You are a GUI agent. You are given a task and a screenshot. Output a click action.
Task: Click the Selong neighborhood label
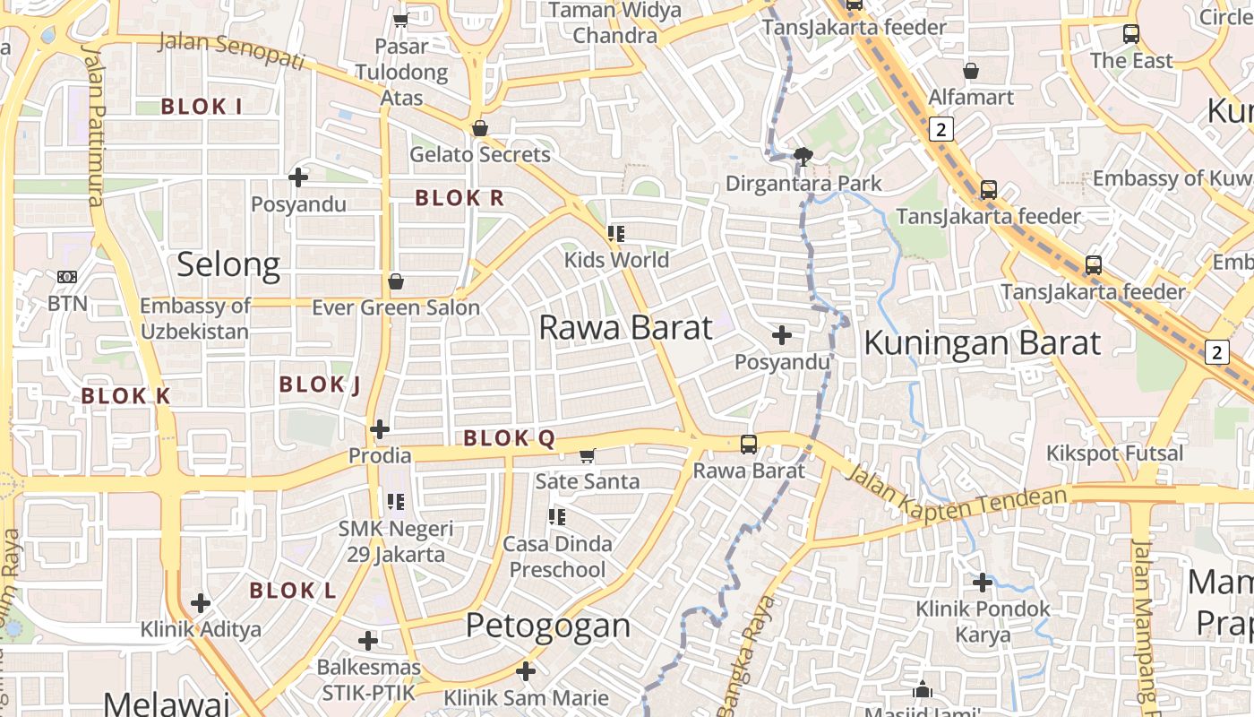point(228,264)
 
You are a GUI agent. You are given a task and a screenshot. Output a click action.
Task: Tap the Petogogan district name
point(548,625)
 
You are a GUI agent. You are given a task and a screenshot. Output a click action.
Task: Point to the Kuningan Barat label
point(982,343)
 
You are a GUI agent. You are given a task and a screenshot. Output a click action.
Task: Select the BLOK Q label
point(510,438)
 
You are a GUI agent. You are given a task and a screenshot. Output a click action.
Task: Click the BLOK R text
point(460,198)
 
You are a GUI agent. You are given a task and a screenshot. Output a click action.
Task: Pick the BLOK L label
point(293,591)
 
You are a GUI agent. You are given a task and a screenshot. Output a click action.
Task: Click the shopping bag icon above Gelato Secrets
point(480,128)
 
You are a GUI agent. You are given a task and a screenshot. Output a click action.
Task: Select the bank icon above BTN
point(67,277)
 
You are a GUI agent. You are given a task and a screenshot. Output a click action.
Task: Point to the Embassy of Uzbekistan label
point(194,318)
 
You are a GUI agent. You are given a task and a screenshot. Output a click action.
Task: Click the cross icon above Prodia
point(380,429)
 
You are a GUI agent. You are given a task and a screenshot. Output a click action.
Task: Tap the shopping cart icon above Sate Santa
point(588,455)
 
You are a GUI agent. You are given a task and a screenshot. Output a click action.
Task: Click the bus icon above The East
point(1131,34)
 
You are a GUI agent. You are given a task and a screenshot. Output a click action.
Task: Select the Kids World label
point(616,260)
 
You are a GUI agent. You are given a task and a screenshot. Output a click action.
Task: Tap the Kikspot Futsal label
point(1115,453)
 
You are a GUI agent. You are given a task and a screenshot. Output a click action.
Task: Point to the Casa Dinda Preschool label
point(557,557)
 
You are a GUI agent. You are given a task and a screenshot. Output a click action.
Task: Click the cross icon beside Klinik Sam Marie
point(526,670)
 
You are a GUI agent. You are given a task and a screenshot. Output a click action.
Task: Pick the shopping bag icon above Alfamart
point(971,70)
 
